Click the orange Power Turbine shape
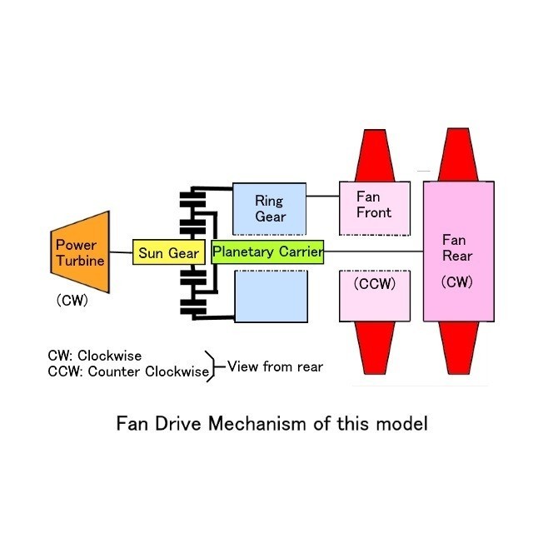click(80, 252)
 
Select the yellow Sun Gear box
click(167, 252)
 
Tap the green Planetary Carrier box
click(266, 251)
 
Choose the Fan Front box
click(374, 205)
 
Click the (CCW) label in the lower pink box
click(374, 283)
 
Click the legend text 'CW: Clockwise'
click(94, 356)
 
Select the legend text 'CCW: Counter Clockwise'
click(127, 371)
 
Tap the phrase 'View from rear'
click(276, 366)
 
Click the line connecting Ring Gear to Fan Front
click(324, 197)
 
